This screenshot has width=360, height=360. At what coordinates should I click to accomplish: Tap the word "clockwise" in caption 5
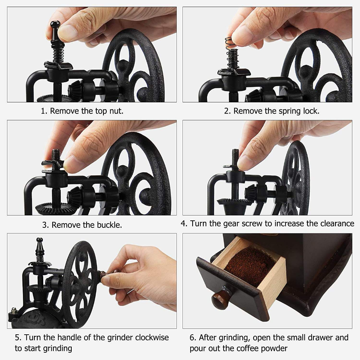pos(152,337)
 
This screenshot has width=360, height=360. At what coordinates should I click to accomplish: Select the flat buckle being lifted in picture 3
pos(53,163)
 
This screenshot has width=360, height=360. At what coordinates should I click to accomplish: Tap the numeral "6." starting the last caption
pos(193,337)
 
